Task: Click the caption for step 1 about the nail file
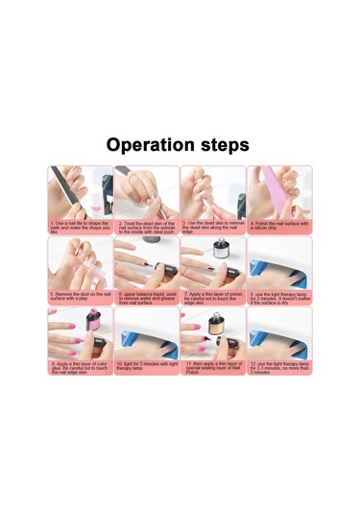tap(80, 227)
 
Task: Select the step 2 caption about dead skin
tap(146, 227)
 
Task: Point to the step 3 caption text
tap(212, 227)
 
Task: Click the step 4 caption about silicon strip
tap(279, 227)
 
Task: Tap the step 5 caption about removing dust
tap(80, 297)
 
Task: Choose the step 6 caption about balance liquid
tap(146, 297)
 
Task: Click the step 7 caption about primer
tap(212, 297)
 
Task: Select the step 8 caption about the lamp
tap(279, 297)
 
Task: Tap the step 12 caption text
tap(279, 367)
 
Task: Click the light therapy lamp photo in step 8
tap(279, 262)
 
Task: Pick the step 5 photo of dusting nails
tap(80, 262)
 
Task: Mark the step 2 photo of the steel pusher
tap(146, 192)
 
